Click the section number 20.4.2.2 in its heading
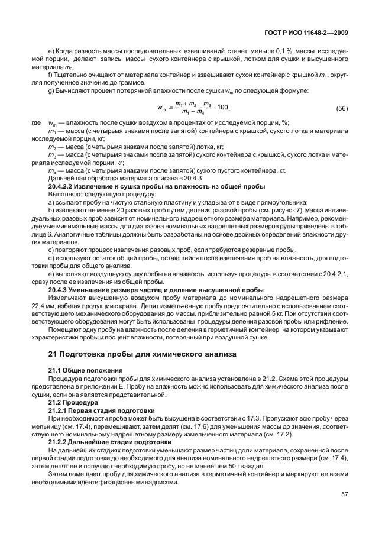tap(65, 186)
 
